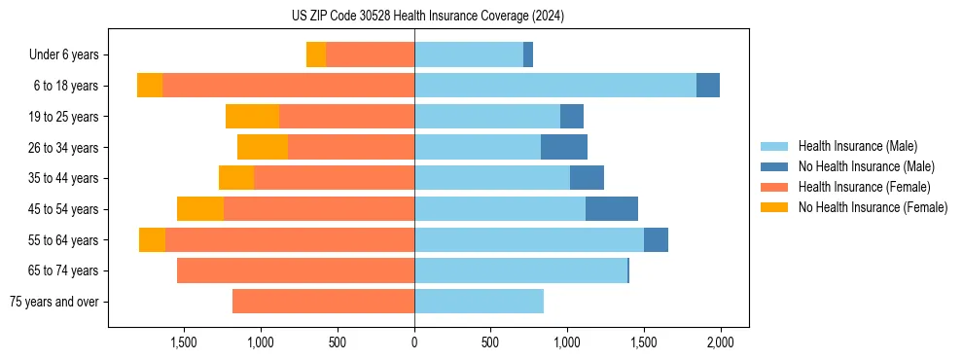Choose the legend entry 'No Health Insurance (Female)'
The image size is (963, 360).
click(x=873, y=207)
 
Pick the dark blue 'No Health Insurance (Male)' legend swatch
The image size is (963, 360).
click(x=774, y=166)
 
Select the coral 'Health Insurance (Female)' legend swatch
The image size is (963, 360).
click(x=774, y=187)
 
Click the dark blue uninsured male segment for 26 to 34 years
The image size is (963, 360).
click(x=564, y=147)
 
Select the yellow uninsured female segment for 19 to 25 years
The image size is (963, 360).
click(x=252, y=117)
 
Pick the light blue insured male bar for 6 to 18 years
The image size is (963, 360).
click(x=554, y=86)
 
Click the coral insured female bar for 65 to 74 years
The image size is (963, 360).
click(x=296, y=270)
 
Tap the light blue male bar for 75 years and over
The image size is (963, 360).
click(x=479, y=302)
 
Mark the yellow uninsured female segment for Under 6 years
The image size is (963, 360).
click(x=316, y=54)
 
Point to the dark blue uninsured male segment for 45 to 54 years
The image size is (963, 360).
click(x=612, y=209)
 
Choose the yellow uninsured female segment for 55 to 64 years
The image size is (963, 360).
click(x=152, y=240)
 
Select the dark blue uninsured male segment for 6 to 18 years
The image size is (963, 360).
click(x=708, y=86)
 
